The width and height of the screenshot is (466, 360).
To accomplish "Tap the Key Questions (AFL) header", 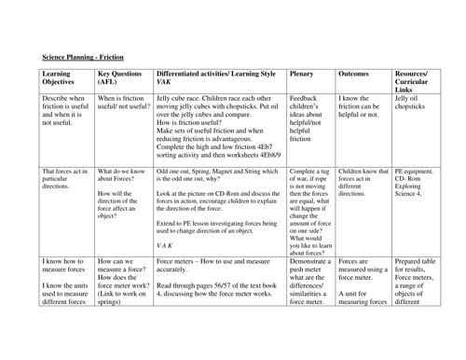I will coord(118,76).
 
